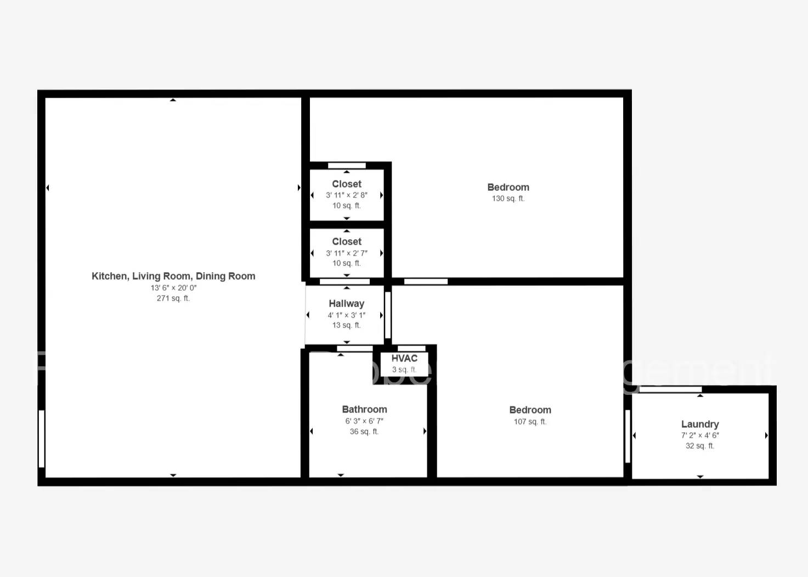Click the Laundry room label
coord(699,424)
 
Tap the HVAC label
coord(404,358)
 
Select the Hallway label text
coord(346,303)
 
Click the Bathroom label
coord(364,409)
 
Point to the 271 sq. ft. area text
coord(173,298)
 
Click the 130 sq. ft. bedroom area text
coord(508,199)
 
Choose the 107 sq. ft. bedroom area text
coord(530,422)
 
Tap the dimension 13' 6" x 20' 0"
coord(173,288)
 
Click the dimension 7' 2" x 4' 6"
coord(700,435)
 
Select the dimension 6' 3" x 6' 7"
coord(364,421)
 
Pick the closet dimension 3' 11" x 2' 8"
coord(347,195)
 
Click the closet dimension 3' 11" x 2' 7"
coord(347,253)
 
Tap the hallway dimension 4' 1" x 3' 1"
coord(346,315)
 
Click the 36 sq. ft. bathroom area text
coord(364,432)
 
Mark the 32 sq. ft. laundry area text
coord(700,446)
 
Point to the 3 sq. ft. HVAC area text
coord(404,370)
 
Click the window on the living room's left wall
coord(42,439)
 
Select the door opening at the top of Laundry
coord(670,389)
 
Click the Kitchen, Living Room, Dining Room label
coord(173,276)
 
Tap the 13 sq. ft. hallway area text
coord(346,325)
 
